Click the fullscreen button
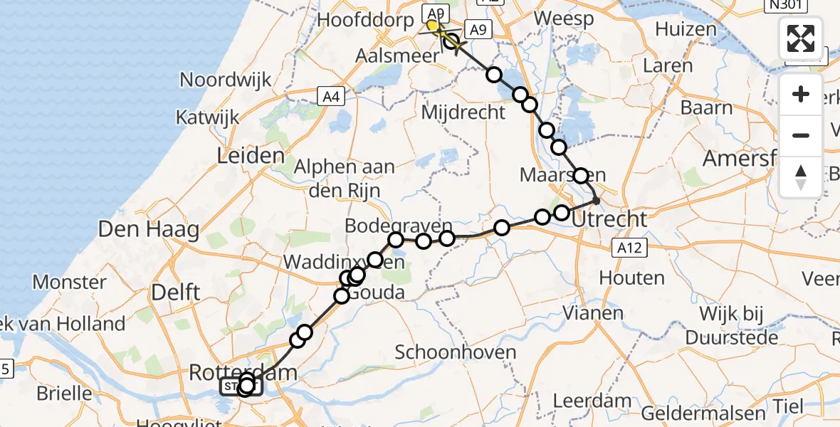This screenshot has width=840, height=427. pyautogui.click(x=801, y=38)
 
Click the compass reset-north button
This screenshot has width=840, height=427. pyautogui.click(x=801, y=177)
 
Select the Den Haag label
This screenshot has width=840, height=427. pyautogui.click(x=149, y=229)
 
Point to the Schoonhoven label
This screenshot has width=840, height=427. pyautogui.click(x=455, y=352)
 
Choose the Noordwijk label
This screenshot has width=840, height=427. pyautogui.click(x=226, y=79)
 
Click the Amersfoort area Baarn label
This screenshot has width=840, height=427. pyautogui.click(x=706, y=107)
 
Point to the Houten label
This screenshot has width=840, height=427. pyautogui.click(x=633, y=278)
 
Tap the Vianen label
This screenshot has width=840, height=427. pyautogui.click(x=593, y=312)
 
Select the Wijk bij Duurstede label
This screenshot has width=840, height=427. pyautogui.click(x=738, y=325)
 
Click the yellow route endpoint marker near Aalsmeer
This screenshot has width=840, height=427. pyautogui.click(x=432, y=26)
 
